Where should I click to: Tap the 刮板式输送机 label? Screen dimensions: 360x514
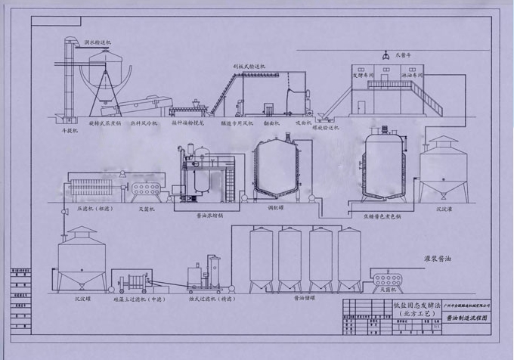coord(249,66)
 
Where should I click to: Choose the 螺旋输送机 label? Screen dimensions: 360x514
coord(326,129)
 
